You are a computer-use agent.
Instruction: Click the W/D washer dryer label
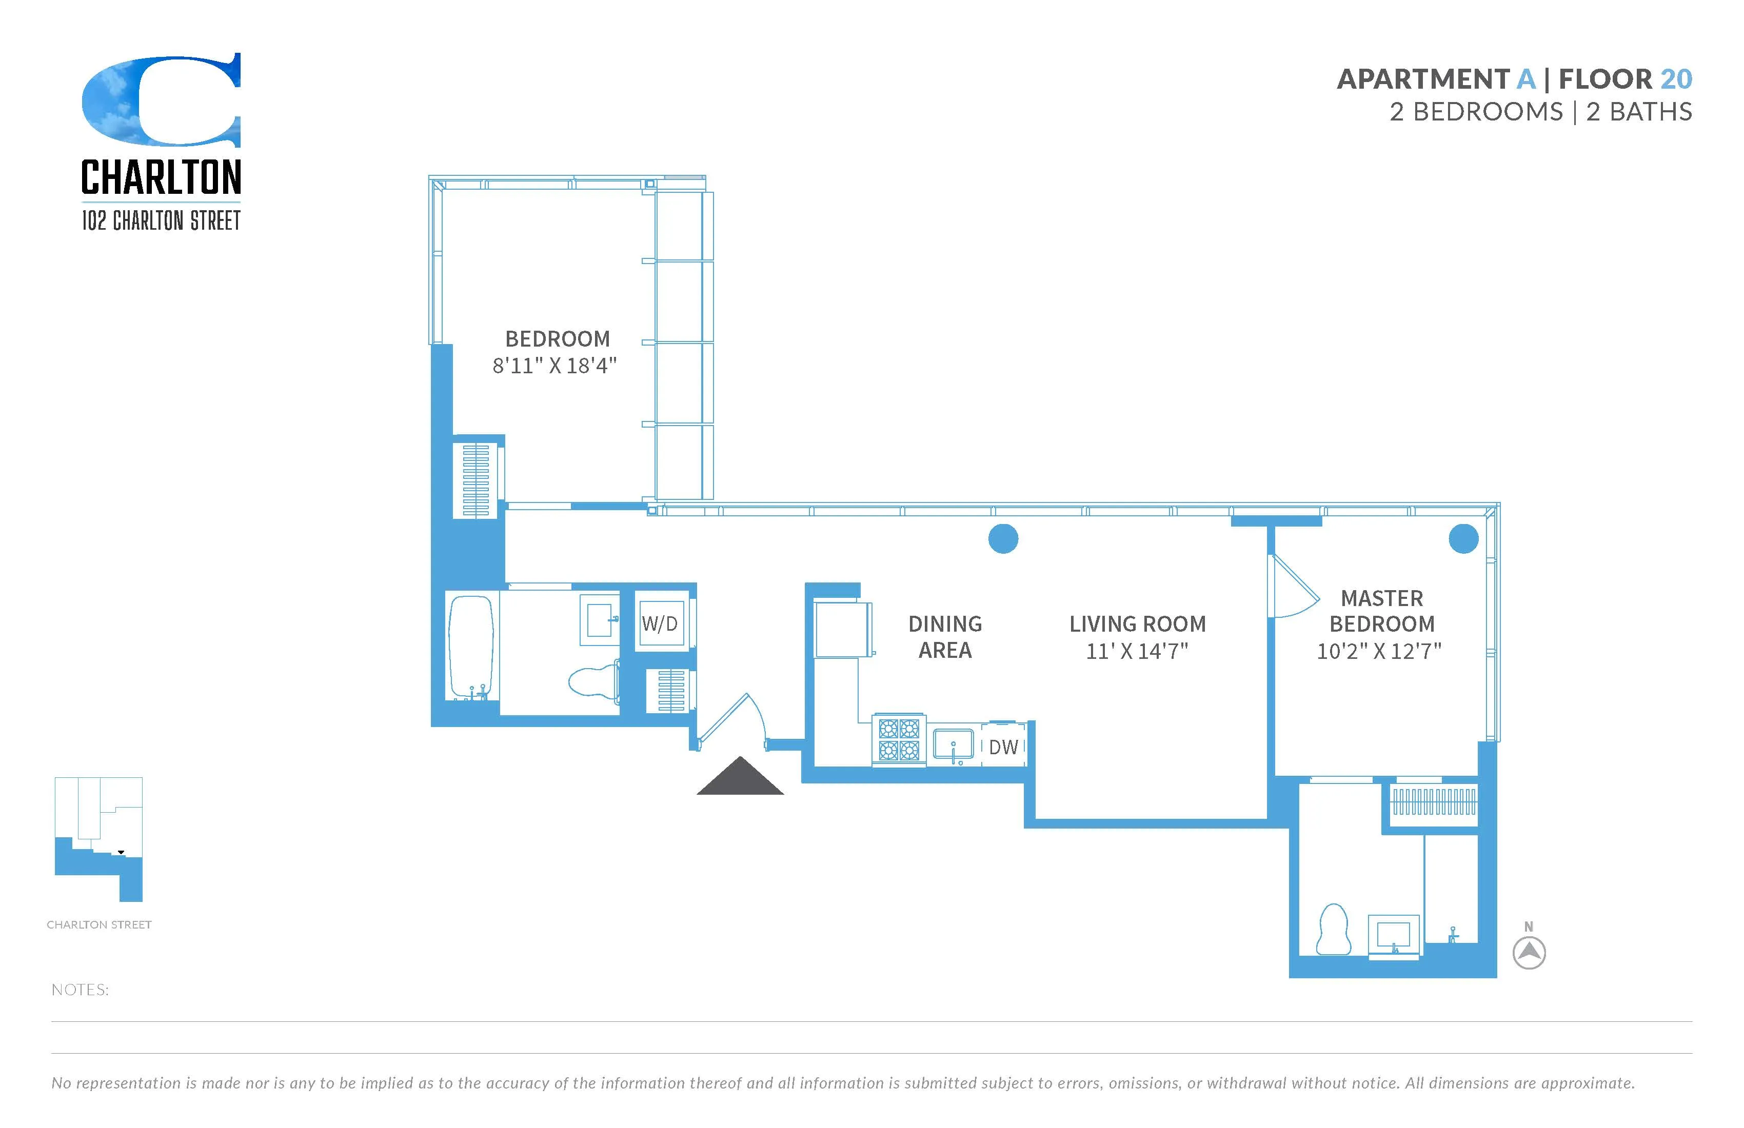[660, 623]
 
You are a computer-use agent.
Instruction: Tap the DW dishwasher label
[1003, 747]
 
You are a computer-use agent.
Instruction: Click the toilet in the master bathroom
[1333, 930]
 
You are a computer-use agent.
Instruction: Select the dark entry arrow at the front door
[740, 778]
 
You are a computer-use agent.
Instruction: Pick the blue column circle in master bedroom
[1463, 539]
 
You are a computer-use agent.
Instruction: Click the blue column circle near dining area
[1003, 539]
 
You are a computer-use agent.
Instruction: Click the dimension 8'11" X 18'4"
[554, 366]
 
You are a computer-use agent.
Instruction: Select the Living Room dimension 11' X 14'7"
[1137, 651]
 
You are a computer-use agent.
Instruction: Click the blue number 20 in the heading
[1676, 79]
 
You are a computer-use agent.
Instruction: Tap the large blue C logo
[161, 100]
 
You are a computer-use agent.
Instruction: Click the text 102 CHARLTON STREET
[161, 220]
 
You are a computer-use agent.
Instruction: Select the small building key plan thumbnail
[99, 839]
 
